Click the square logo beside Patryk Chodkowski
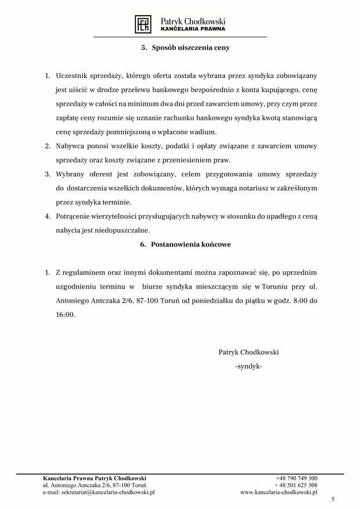(x=144, y=24)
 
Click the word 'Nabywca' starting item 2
(x=71, y=147)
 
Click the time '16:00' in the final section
(x=65, y=315)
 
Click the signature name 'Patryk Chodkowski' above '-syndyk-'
(x=249, y=352)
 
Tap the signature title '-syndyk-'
(x=249, y=367)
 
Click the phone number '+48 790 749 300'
(x=296, y=478)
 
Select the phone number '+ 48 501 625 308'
(x=296, y=485)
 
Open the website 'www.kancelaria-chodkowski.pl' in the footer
(x=279, y=492)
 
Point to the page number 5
(x=333, y=499)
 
